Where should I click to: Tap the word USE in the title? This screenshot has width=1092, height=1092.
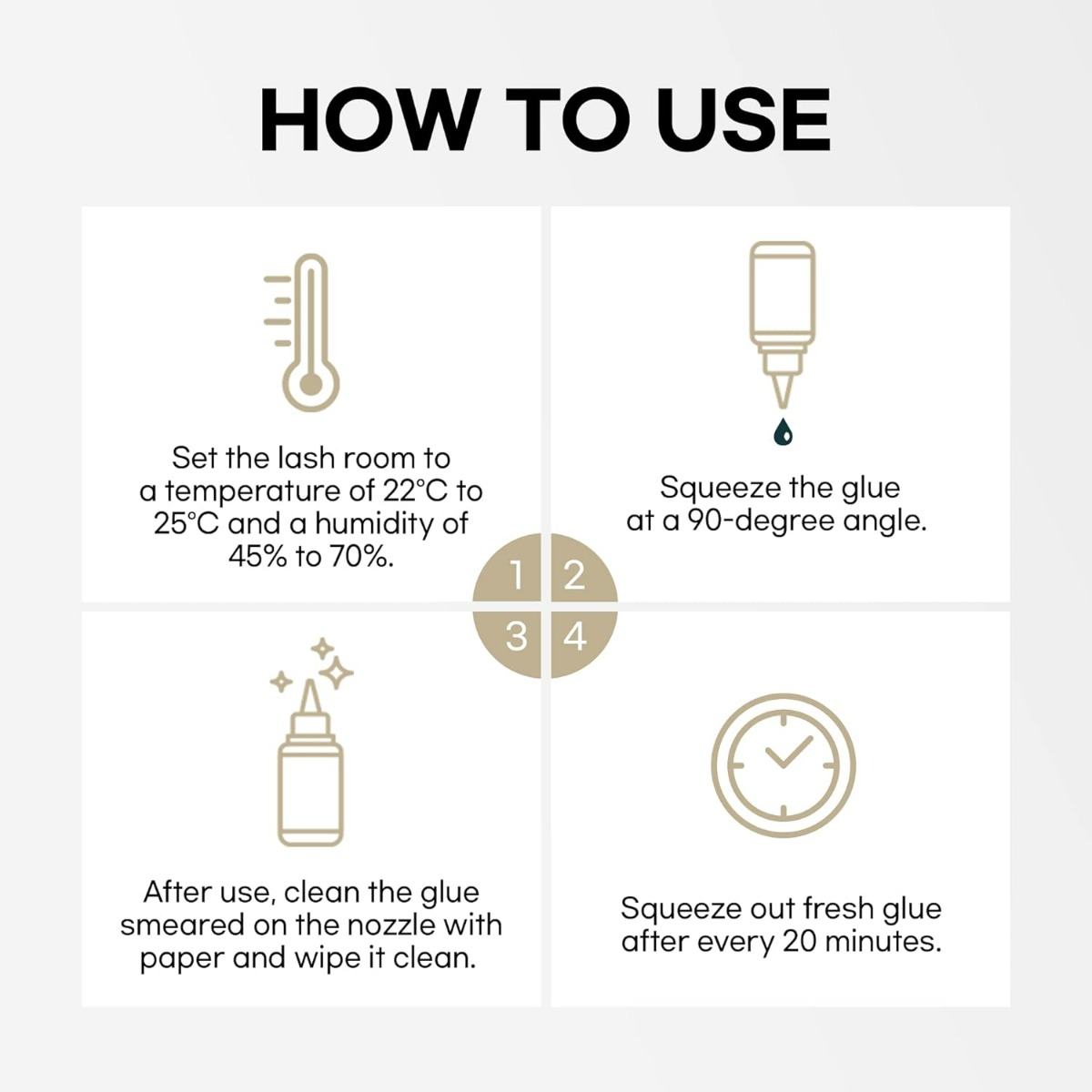click(x=743, y=119)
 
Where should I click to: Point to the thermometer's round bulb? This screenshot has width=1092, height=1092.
click(x=310, y=384)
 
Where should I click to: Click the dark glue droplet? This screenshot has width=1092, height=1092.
click(x=783, y=432)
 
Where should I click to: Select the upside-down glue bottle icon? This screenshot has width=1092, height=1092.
click(x=783, y=325)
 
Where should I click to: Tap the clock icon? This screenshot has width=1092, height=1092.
click(x=784, y=765)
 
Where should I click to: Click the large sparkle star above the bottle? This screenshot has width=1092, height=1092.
click(x=336, y=672)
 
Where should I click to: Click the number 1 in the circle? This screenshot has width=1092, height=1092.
click(x=516, y=575)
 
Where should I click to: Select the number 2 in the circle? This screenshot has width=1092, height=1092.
click(x=574, y=575)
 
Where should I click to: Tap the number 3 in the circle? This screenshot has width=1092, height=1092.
click(x=516, y=636)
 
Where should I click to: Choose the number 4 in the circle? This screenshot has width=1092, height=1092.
click(x=574, y=636)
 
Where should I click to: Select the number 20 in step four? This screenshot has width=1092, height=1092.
click(x=800, y=942)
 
